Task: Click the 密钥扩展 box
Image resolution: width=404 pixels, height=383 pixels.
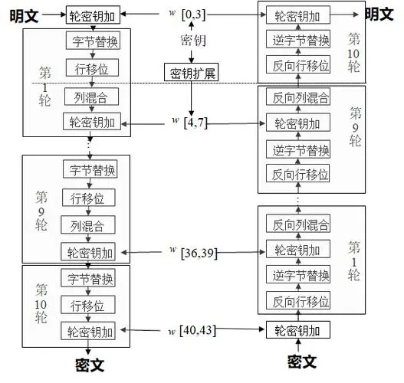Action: click(190, 74)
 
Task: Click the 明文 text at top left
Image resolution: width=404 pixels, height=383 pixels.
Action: click(23, 15)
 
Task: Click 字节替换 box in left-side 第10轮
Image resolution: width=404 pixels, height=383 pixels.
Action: click(92, 278)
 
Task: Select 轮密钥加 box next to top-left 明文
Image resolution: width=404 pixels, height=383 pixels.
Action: click(92, 15)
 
